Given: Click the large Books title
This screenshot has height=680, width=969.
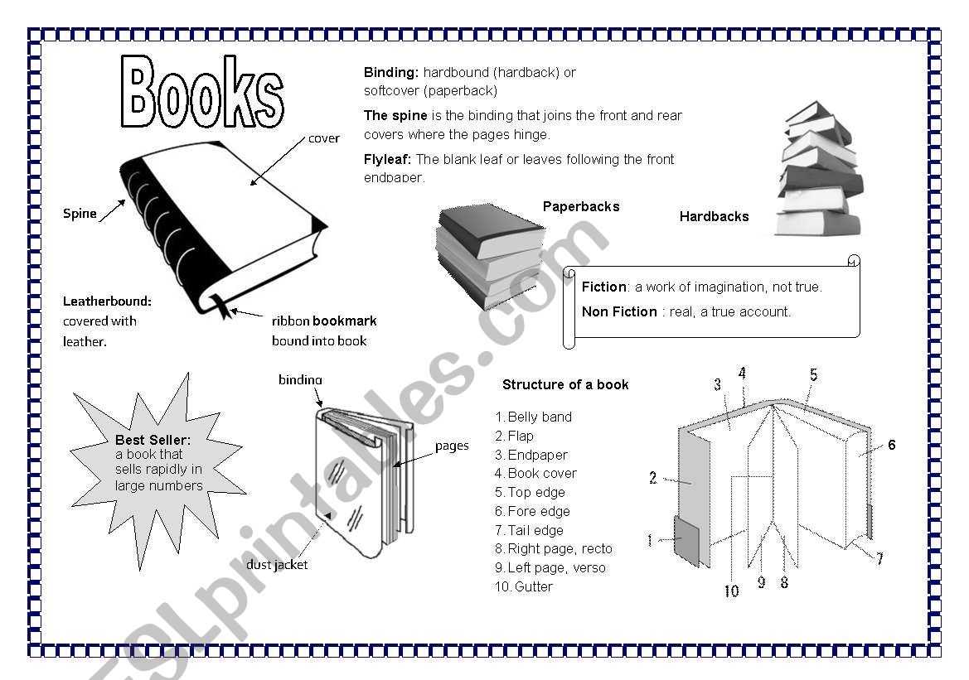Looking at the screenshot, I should (x=203, y=93).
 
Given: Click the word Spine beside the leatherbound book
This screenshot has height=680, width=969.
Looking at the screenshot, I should (x=80, y=214).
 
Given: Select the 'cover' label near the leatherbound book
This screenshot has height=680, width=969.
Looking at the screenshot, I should (x=323, y=138).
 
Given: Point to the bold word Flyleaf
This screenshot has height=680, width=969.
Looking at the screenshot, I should (x=387, y=159).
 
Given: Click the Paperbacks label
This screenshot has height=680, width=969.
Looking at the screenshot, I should (x=580, y=206).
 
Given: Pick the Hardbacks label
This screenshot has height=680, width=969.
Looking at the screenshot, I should (x=714, y=216).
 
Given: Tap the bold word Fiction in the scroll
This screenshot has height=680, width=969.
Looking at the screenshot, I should (x=604, y=287).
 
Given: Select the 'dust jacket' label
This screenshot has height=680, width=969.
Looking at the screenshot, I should (x=277, y=565).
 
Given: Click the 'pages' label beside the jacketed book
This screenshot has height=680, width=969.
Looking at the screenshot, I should (x=452, y=446).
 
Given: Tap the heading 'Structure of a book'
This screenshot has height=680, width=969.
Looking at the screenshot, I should (x=565, y=384).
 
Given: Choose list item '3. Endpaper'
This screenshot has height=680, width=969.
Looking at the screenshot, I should (x=531, y=455).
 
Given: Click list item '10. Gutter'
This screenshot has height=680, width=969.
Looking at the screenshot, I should (x=524, y=586).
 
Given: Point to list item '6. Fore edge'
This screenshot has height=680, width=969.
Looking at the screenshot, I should (x=532, y=511).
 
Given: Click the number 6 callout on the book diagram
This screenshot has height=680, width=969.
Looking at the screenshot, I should (x=892, y=445).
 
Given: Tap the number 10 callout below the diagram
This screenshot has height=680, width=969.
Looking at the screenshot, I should (x=731, y=591).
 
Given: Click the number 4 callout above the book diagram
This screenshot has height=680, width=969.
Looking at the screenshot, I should (x=742, y=374).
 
